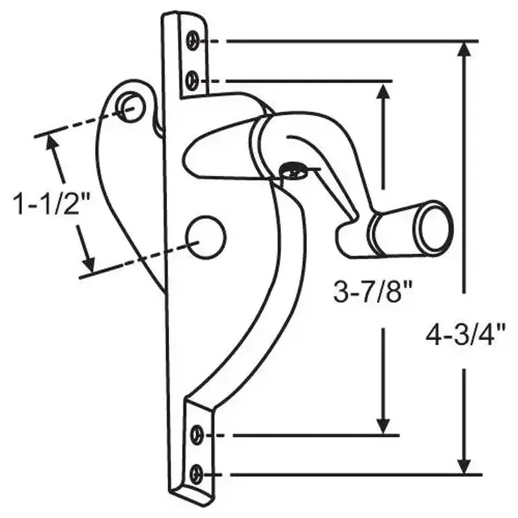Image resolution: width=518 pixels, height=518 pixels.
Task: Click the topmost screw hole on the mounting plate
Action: [192, 41]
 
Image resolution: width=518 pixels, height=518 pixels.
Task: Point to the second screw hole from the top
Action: [191, 80]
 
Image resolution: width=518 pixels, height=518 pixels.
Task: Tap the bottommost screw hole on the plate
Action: [196, 475]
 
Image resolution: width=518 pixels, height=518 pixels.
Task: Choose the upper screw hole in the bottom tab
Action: [197, 434]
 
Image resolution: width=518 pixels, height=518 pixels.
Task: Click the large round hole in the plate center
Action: [207, 234]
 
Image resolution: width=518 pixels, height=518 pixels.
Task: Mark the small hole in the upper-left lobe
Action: [130, 104]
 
